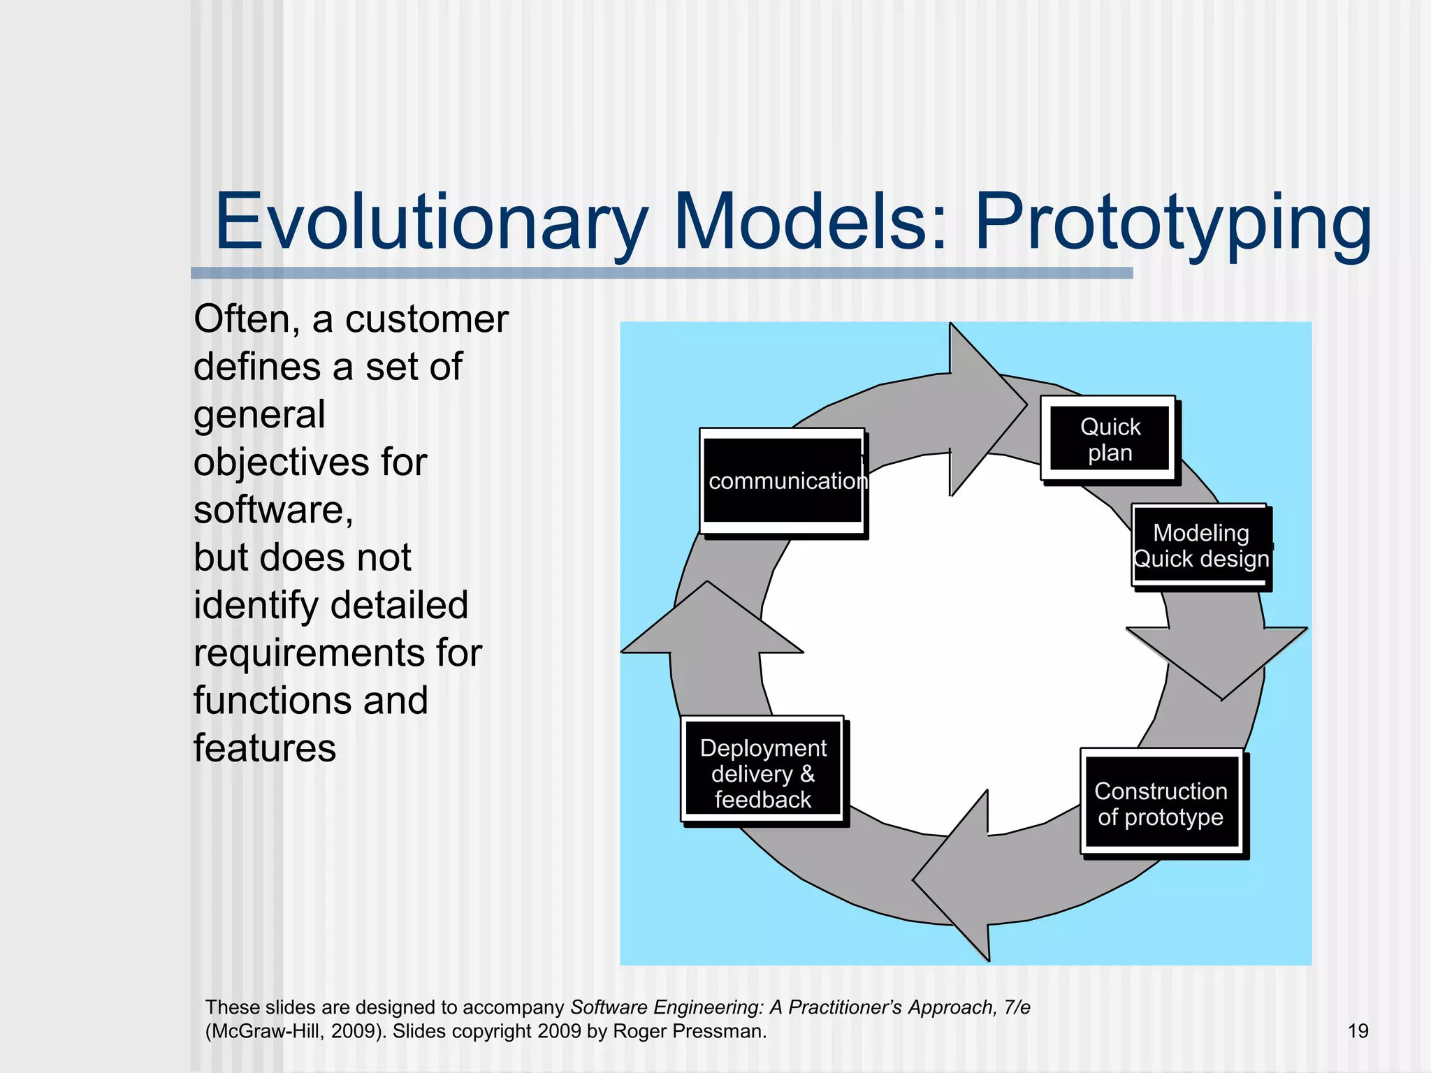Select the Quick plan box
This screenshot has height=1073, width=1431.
(x=1110, y=439)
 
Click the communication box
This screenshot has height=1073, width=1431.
(x=783, y=481)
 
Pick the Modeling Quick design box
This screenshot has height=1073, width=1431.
(x=1200, y=546)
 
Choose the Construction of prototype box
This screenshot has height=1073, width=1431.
(x=1161, y=803)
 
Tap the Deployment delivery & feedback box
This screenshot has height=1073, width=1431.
(x=763, y=773)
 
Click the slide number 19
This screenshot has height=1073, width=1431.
(x=1358, y=1031)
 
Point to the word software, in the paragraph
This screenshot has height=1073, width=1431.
(x=273, y=510)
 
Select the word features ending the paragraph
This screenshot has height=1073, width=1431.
(x=265, y=748)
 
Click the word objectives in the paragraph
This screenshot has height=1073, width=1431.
(x=281, y=462)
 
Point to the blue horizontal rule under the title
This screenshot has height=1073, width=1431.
(x=661, y=273)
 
